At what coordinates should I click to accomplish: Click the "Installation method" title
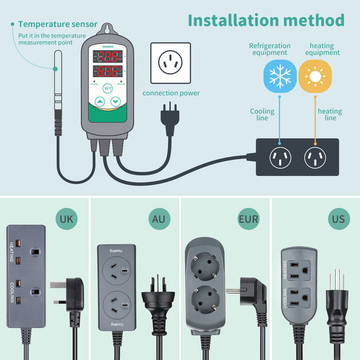pyautogui.click(x=266, y=20)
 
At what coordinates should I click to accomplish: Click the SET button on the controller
pyautogui.click(x=107, y=88)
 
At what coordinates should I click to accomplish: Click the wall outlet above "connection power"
pyautogui.click(x=171, y=62)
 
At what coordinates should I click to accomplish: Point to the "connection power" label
pyautogui.click(x=171, y=93)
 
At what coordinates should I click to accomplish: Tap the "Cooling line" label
pyautogui.click(x=262, y=114)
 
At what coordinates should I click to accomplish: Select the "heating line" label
pyautogui.click(x=330, y=114)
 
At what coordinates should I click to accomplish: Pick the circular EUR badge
pyautogui.click(x=248, y=219)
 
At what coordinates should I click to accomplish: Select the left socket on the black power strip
pyautogui.click(x=280, y=157)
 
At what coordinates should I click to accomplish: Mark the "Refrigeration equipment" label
pyautogui.click(x=270, y=50)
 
